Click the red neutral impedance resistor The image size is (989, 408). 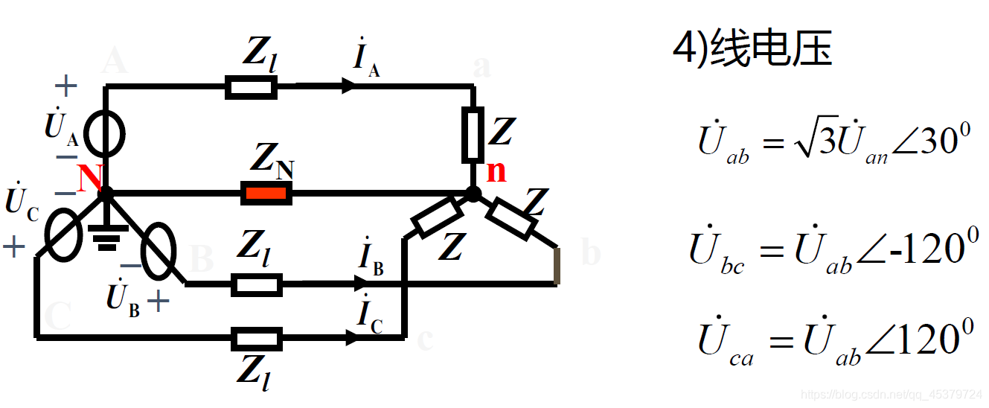click(x=266, y=194)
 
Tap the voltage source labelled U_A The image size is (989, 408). click(x=104, y=135)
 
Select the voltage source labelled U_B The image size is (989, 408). click(x=158, y=252)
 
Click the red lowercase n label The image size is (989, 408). click(x=496, y=171)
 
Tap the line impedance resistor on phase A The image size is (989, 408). click(x=252, y=88)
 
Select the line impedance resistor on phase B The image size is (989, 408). click(x=257, y=284)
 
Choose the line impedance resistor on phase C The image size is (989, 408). click(x=257, y=339)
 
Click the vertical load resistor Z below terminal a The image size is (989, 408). click(x=473, y=135)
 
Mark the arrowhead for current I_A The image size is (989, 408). click(x=348, y=87)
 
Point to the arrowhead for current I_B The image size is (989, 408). click(x=361, y=284)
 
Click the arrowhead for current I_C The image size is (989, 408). click(x=351, y=338)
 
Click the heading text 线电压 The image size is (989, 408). click(x=771, y=51)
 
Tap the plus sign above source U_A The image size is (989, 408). click(x=66, y=86)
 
